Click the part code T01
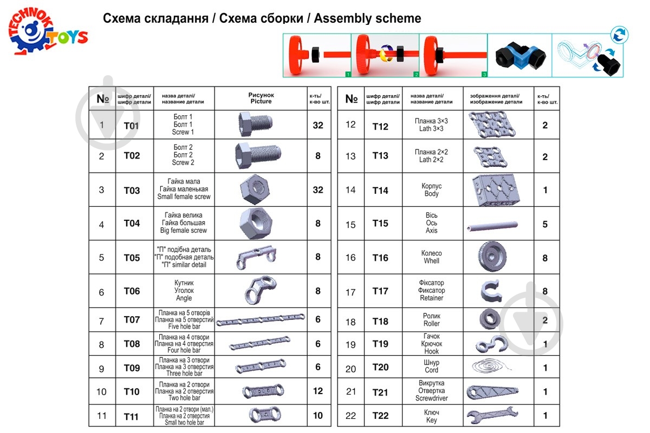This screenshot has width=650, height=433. pyautogui.click(x=132, y=126)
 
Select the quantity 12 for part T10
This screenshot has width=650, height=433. pyautogui.click(x=318, y=391)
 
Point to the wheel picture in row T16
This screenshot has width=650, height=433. pyautogui.click(x=492, y=257)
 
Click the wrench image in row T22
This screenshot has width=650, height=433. pyautogui.click(x=492, y=416)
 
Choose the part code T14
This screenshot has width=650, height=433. pyautogui.click(x=380, y=190)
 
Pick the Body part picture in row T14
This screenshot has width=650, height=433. pyautogui.click(x=492, y=190)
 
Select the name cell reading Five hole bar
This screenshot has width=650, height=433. pyautogui.click(x=184, y=320)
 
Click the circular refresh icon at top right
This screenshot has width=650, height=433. pyautogui.click(x=618, y=36)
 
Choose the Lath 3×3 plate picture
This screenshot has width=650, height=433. pyautogui.click(x=492, y=124)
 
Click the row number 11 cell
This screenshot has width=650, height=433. pyautogui.click(x=101, y=416)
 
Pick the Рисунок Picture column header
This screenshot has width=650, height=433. pyautogui.click(x=261, y=98)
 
